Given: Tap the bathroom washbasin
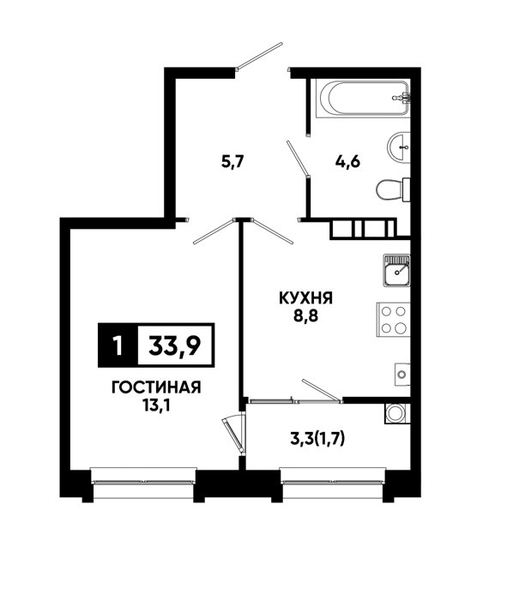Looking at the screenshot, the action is [x=399, y=147].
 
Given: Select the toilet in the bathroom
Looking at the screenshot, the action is [x=393, y=189].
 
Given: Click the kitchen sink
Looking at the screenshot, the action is [x=396, y=271].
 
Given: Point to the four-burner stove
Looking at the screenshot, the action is [x=394, y=320].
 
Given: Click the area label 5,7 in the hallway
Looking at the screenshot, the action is [x=232, y=163].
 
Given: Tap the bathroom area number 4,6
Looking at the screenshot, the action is [x=347, y=163].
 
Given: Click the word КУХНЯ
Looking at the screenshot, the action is [x=305, y=298].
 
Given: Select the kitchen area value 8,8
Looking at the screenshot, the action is [x=306, y=316].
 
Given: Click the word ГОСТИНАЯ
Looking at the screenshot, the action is [x=156, y=387].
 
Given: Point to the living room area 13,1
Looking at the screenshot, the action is [x=156, y=405].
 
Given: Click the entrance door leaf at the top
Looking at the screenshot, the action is [x=259, y=57].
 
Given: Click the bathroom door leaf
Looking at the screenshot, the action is [x=298, y=159].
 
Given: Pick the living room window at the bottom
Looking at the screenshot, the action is [x=143, y=482].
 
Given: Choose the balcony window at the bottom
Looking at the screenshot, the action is [x=332, y=481].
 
